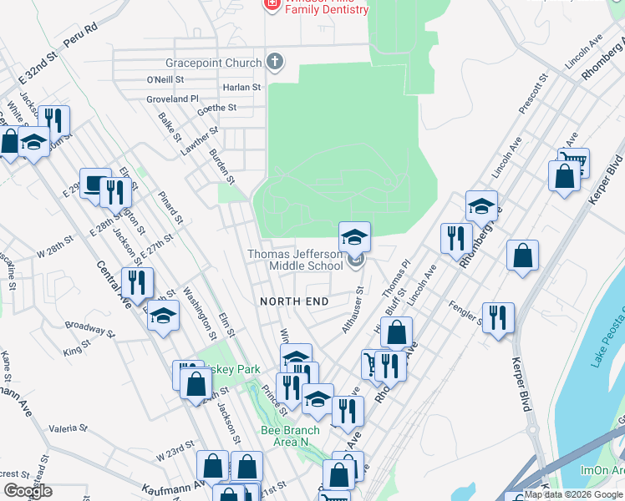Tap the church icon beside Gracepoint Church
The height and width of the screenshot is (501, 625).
pos(275,62)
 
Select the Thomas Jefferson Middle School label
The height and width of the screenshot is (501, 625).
pos(294,260)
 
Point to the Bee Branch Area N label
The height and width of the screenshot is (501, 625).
pos(290,436)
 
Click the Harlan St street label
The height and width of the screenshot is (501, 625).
pos(241,87)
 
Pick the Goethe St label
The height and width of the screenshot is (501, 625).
pos(216,109)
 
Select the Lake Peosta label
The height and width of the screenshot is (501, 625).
pos(607,342)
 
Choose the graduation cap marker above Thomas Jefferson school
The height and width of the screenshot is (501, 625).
pos(354,236)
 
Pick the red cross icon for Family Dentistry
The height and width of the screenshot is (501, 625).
pos(272,4)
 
